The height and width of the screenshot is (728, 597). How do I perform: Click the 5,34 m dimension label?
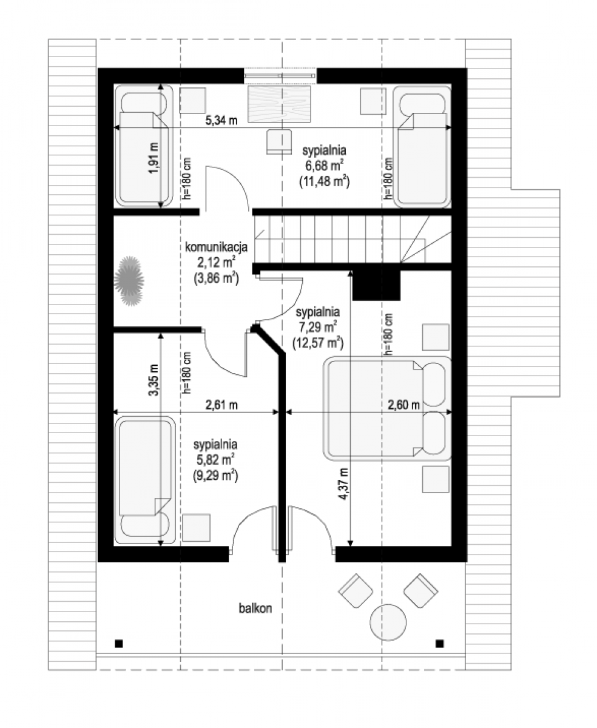point(221,121)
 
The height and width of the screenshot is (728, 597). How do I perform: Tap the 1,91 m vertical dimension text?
point(154,158)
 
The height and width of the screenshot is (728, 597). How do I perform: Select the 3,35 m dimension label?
point(154,380)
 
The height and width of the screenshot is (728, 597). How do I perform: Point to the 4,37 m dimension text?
point(345,484)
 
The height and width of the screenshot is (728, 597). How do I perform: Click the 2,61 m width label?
point(221,405)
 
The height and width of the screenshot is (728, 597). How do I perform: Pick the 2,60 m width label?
point(403,405)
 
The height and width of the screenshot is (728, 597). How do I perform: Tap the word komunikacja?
point(217,247)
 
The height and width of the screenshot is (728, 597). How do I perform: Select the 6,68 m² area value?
point(324,166)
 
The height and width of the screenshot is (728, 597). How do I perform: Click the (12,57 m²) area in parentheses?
point(318,343)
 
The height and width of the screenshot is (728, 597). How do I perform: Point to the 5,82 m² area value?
point(215,460)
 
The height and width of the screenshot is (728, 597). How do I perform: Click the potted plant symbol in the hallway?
point(129,281)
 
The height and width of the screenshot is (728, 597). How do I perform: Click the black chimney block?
point(376,285)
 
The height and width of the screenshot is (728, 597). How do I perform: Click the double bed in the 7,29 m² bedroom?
point(387,408)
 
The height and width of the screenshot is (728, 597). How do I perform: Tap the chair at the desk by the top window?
point(278,141)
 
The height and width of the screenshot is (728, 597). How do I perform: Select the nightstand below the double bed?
point(436,479)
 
